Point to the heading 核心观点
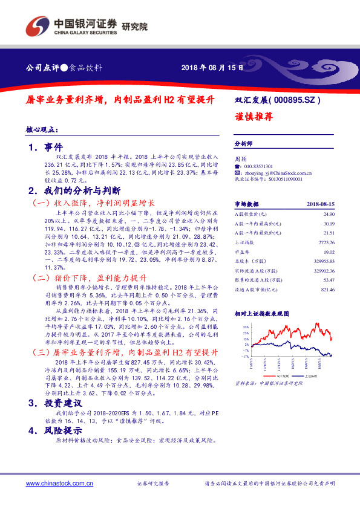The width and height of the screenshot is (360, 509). tap(44, 130)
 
